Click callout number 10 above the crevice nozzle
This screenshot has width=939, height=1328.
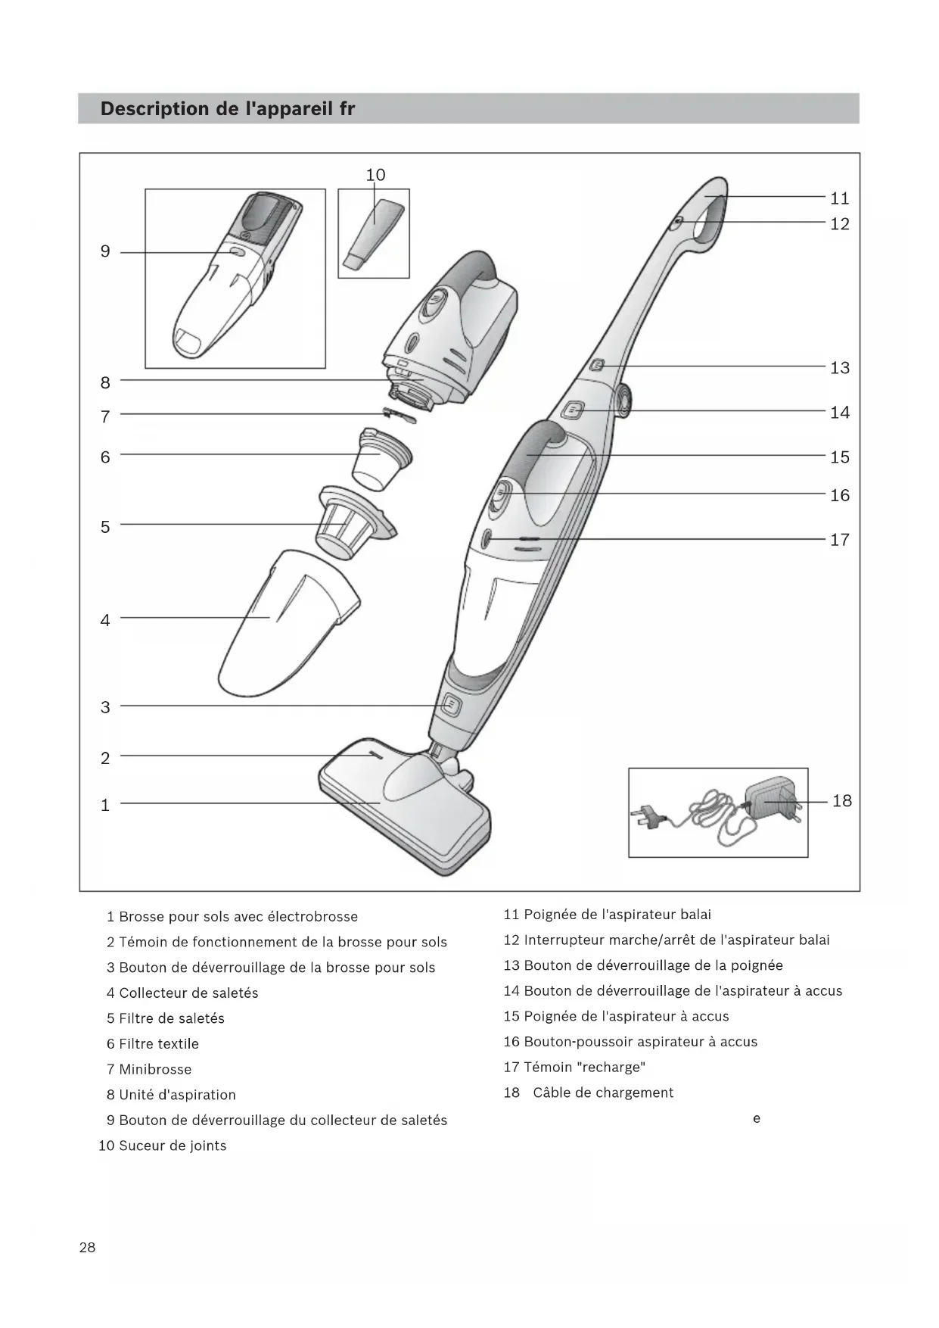[375, 175]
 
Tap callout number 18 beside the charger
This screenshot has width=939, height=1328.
[841, 801]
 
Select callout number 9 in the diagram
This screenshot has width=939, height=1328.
[105, 251]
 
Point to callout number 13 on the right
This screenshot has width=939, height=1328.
[840, 368]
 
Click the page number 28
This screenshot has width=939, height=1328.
[88, 1247]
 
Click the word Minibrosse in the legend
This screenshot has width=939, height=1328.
[155, 1069]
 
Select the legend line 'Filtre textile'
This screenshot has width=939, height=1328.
[159, 1043]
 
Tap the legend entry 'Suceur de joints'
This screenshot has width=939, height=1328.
[173, 1146]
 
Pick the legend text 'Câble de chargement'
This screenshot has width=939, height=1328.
[603, 1093]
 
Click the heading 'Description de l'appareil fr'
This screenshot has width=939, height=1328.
[228, 109]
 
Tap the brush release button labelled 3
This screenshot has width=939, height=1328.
[450, 705]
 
